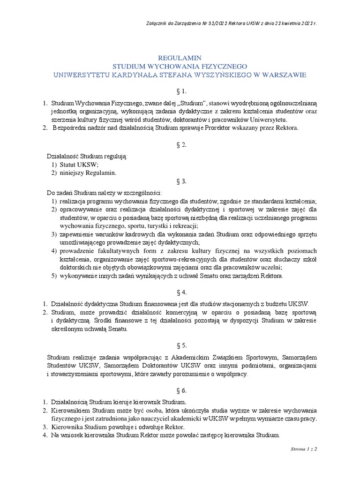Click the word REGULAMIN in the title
180,57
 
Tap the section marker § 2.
180,145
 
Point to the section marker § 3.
180,181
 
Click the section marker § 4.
180,292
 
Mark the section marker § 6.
180,390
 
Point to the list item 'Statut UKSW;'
79,164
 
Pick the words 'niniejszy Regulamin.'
88,172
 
